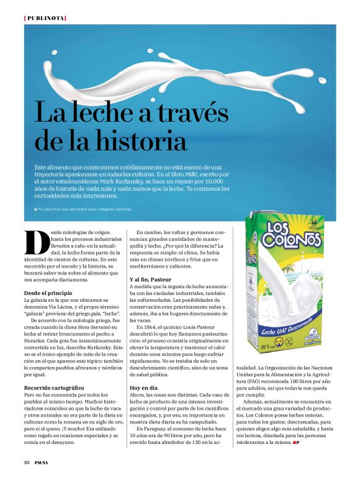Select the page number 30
tap(27, 462)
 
